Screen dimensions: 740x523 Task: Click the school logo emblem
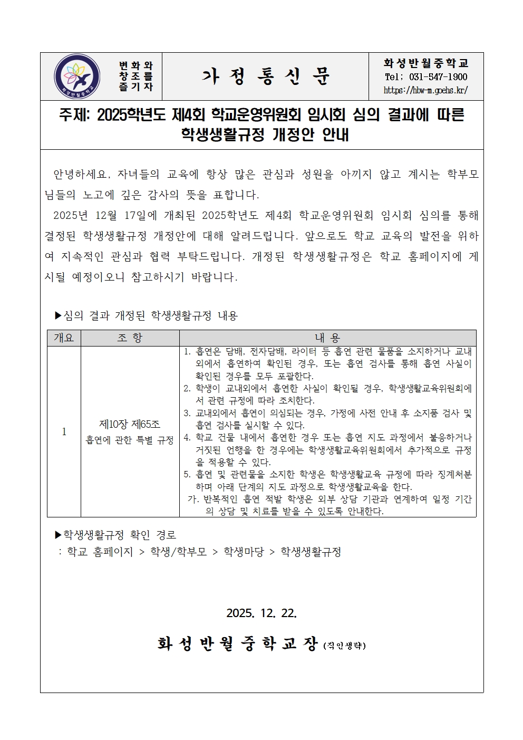(77, 76)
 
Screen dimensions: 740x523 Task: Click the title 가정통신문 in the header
(265, 77)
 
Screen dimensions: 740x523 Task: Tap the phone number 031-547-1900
(438, 77)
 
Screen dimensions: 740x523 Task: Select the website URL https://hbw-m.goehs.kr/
(425, 90)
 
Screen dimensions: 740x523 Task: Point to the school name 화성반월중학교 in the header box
(425, 63)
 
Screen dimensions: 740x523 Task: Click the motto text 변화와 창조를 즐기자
(135, 76)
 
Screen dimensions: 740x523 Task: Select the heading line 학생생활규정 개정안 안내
(265, 135)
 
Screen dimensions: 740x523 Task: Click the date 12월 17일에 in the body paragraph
(126, 216)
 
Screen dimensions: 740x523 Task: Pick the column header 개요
(64, 338)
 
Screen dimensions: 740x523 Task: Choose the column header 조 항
(130, 338)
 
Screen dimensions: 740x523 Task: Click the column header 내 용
(327, 338)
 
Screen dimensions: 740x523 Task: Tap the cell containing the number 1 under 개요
(64, 432)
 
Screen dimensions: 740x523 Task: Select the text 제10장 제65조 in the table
(130, 425)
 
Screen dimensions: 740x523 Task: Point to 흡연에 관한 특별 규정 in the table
(130, 440)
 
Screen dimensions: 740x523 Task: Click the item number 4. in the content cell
(187, 438)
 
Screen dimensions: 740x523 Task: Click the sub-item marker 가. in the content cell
(193, 499)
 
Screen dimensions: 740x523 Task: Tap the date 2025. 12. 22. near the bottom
(261, 613)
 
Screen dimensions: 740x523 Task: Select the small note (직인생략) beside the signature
(344, 645)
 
